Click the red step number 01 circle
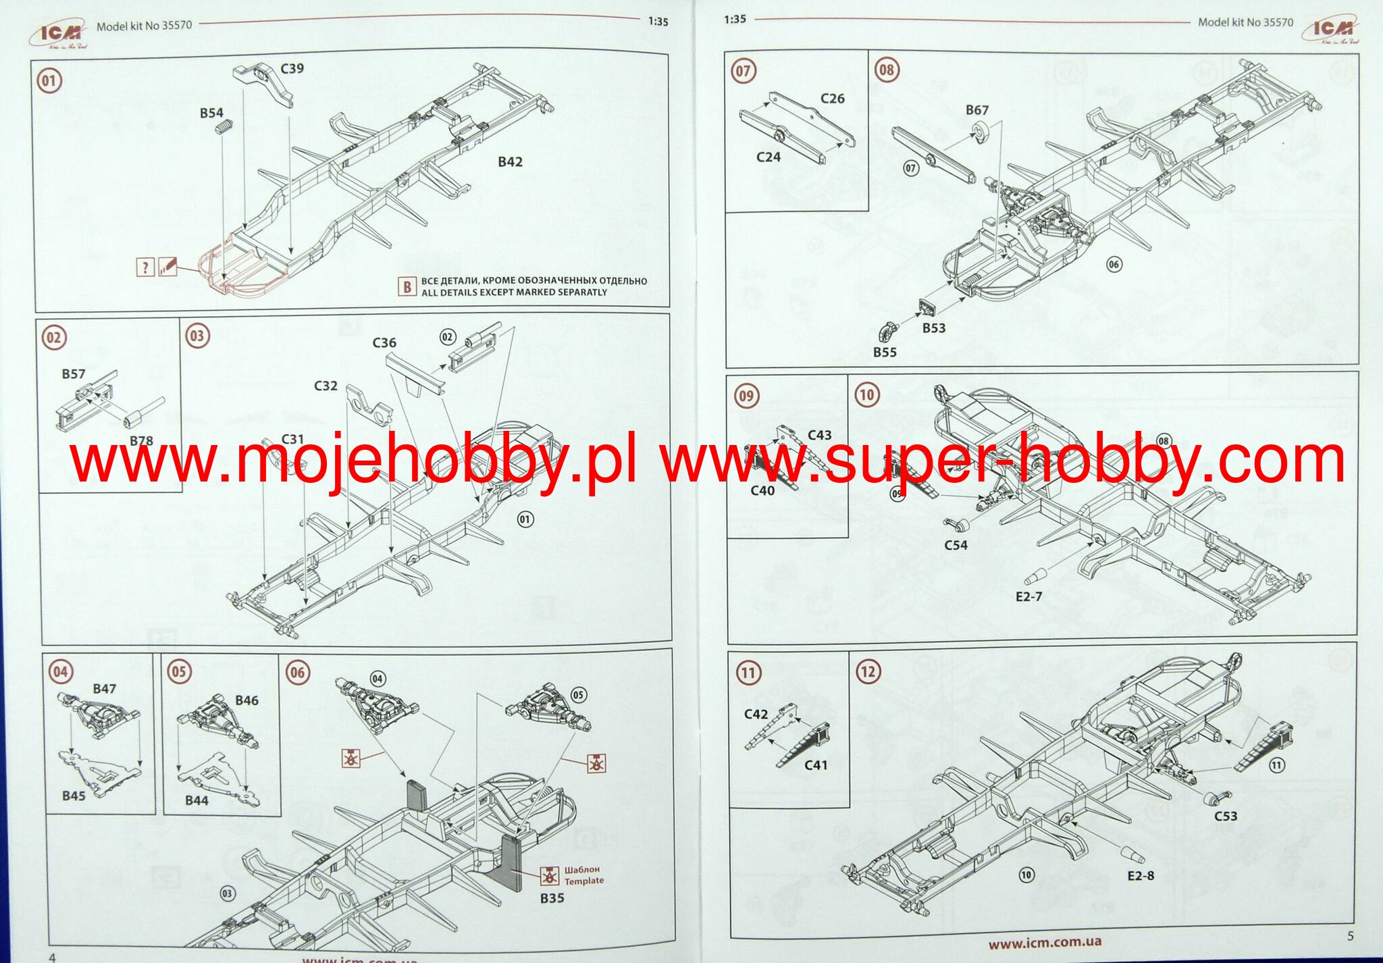pos(49,81)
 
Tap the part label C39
pos(292,69)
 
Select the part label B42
pos(510,162)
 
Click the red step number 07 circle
pos(743,71)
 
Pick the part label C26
pos(832,99)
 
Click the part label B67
pos(976,110)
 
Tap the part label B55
pos(885,353)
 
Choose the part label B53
pos(934,328)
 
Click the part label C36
pos(384,343)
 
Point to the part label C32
pos(325,386)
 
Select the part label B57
pos(74,374)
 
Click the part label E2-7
pos(1028,597)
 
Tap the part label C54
pos(956,545)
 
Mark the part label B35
pos(552,898)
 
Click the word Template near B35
pos(584,881)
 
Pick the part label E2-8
pos(1141,876)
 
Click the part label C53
pos(1226,816)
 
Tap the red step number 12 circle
pos(868,672)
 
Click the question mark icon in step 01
pos(145,267)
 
